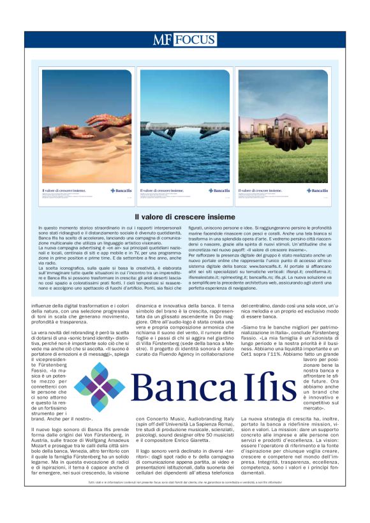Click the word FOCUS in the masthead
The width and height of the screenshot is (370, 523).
(x=195, y=41)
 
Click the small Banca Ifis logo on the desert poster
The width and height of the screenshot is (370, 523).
(x=119, y=190)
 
